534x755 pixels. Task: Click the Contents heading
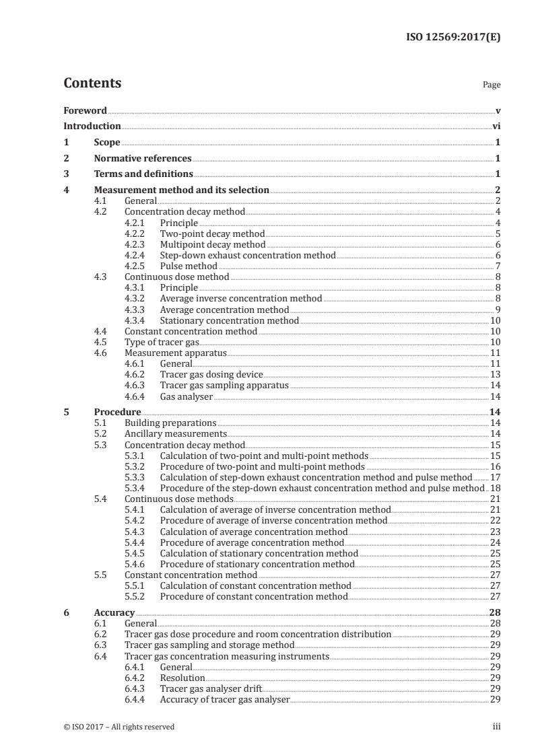(92, 83)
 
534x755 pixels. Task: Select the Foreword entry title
(85, 110)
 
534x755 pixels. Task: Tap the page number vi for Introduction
(496, 126)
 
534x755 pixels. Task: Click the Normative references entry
(143, 158)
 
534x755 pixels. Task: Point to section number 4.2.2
(137, 233)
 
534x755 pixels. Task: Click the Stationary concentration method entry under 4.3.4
(229, 320)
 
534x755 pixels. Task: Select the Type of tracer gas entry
(162, 342)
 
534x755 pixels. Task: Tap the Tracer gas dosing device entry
(211, 374)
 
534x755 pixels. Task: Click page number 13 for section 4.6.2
(495, 374)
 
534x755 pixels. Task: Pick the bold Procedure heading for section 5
(117, 412)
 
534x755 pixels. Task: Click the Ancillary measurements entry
(175, 433)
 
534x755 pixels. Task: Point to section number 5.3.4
(137, 488)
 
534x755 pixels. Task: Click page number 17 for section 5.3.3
(495, 477)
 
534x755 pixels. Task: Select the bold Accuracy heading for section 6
(114, 612)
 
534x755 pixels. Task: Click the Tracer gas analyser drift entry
(211, 688)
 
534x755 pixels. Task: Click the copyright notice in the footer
(119, 727)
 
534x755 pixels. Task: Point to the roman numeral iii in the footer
(496, 727)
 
